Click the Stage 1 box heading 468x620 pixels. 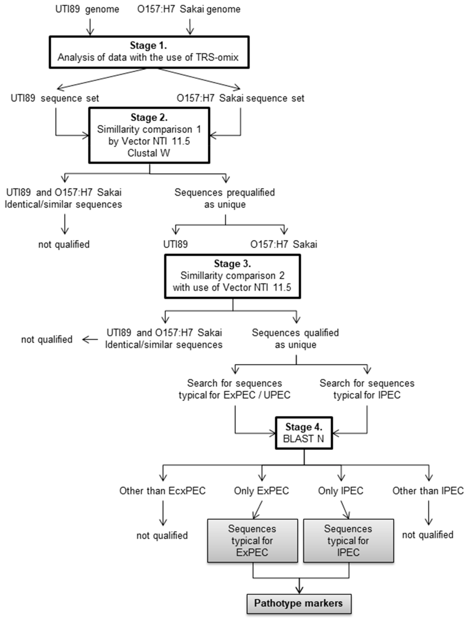(148, 45)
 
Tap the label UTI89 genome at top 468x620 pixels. (87, 9)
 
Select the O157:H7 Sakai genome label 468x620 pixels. (189, 9)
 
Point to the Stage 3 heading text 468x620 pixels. (232, 264)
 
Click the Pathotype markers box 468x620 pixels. (299, 603)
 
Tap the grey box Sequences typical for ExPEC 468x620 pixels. (252, 541)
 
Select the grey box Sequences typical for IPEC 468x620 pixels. (348, 541)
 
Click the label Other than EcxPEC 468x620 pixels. (162, 491)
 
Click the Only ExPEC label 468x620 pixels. (261, 491)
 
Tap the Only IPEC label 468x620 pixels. (341, 491)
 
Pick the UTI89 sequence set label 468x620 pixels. (55, 98)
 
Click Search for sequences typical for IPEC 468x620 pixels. (367, 389)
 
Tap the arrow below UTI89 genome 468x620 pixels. (90, 27)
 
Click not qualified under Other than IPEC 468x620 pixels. (428, 535)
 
